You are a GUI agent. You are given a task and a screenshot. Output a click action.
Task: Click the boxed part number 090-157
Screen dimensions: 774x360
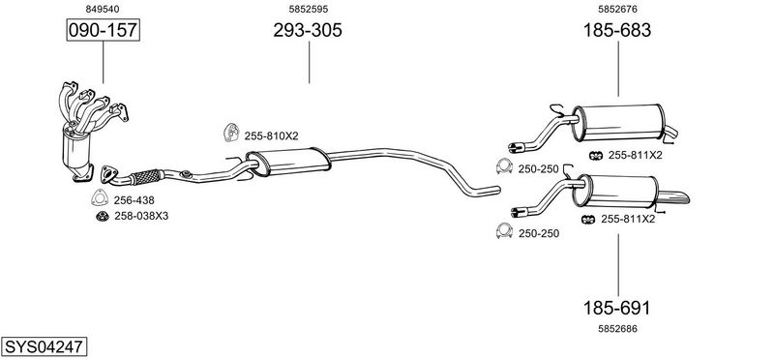point(104,30)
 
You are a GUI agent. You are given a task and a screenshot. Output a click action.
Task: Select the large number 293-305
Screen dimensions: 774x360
point(308,30)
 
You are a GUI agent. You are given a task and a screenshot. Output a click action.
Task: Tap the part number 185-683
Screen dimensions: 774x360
point(617,30)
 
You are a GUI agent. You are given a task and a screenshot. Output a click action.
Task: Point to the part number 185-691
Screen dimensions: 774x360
point(617,308)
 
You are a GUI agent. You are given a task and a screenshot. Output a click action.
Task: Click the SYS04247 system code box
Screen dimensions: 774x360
point(44,346)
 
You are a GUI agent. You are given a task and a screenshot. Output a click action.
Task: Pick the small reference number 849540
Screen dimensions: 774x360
point(103,9)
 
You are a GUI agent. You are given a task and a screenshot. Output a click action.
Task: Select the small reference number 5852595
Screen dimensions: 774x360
point(309,9)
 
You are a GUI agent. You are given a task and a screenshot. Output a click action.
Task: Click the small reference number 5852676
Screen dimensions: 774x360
point(617,9)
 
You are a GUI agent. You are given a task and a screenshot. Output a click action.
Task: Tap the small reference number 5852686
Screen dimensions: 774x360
point(617,329)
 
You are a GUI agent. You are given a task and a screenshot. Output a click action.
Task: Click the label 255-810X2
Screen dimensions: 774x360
point(271,135)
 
